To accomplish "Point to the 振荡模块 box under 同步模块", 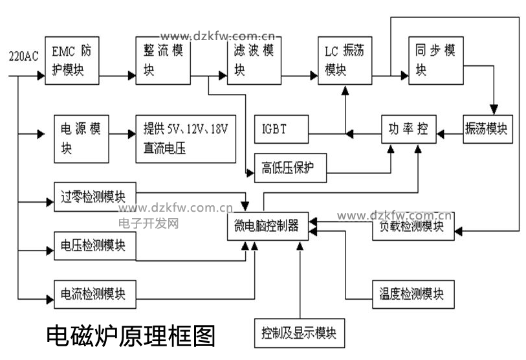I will (x=488, y=129).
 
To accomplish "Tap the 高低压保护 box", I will (x=290, y=167).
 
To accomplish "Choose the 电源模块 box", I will (x=82, y=138).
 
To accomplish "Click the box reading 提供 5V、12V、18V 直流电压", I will (x=185, y=138).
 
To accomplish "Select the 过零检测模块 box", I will (x=96, y=196).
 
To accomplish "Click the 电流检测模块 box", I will (x=96, y=294).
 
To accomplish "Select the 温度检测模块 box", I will (x=413, y=294).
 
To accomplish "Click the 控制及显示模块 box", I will (x=299, y=333).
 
